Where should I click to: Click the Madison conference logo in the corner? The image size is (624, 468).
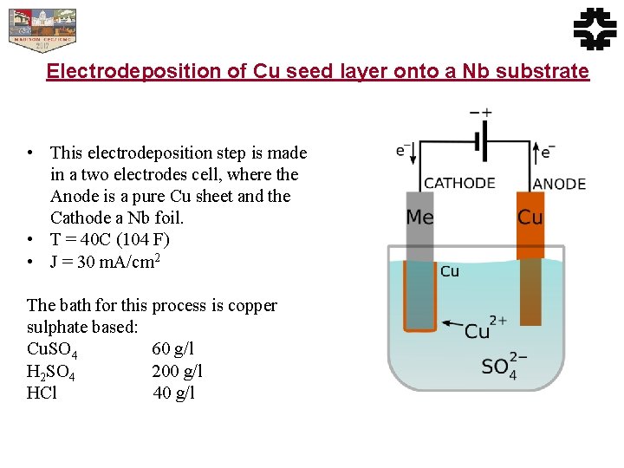[42, 30]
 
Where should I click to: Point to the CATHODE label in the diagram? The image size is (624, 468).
[459, 183]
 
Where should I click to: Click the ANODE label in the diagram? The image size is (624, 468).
[559, 183]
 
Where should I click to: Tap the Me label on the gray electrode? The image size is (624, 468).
[420, 217]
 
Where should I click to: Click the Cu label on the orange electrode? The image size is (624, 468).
[530, 217]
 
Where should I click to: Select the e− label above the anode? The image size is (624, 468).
[547, 151]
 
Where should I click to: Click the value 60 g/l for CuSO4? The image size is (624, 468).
[172, 349]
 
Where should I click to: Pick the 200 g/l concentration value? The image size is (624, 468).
[177, 372]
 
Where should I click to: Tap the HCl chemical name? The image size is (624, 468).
[42, 393]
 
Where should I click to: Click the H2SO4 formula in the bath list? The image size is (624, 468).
[51, 373]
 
